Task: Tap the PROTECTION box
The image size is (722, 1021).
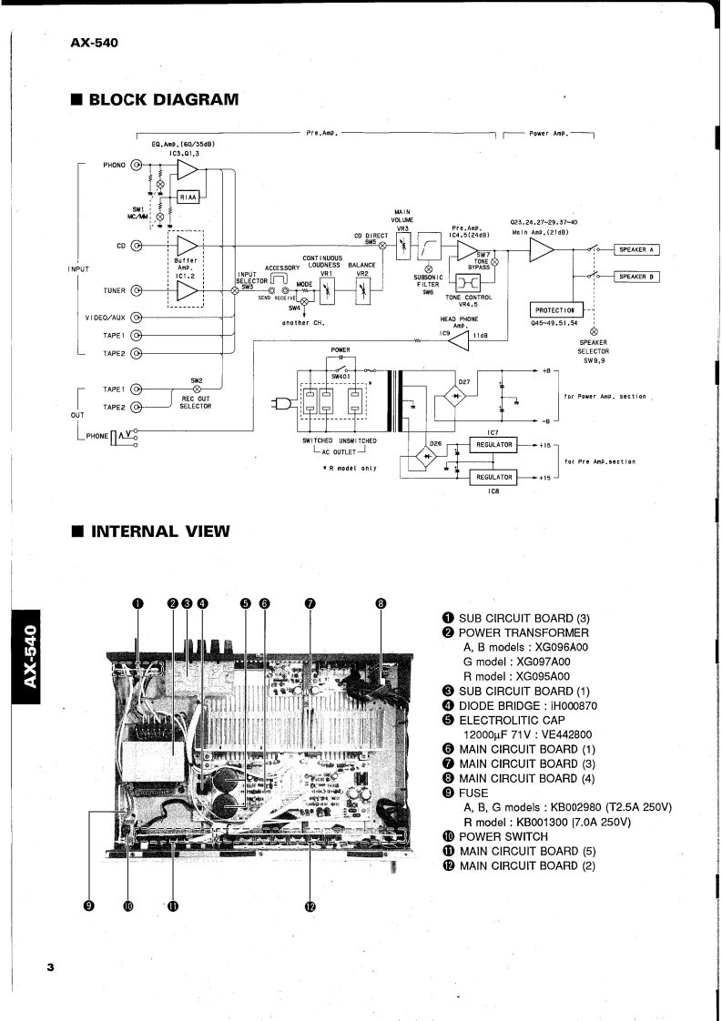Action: point(554,310)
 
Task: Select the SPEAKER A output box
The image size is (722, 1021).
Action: point(638,249)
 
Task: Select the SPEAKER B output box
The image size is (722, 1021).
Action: point(638,277)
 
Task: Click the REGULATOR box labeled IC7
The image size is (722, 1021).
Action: point(491,445)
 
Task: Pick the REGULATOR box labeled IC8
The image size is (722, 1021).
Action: point(491,476)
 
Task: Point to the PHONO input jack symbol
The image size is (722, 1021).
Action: point(137,166)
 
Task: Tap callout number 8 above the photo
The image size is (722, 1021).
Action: point(381,602)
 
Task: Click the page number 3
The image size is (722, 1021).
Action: point(52,967)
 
